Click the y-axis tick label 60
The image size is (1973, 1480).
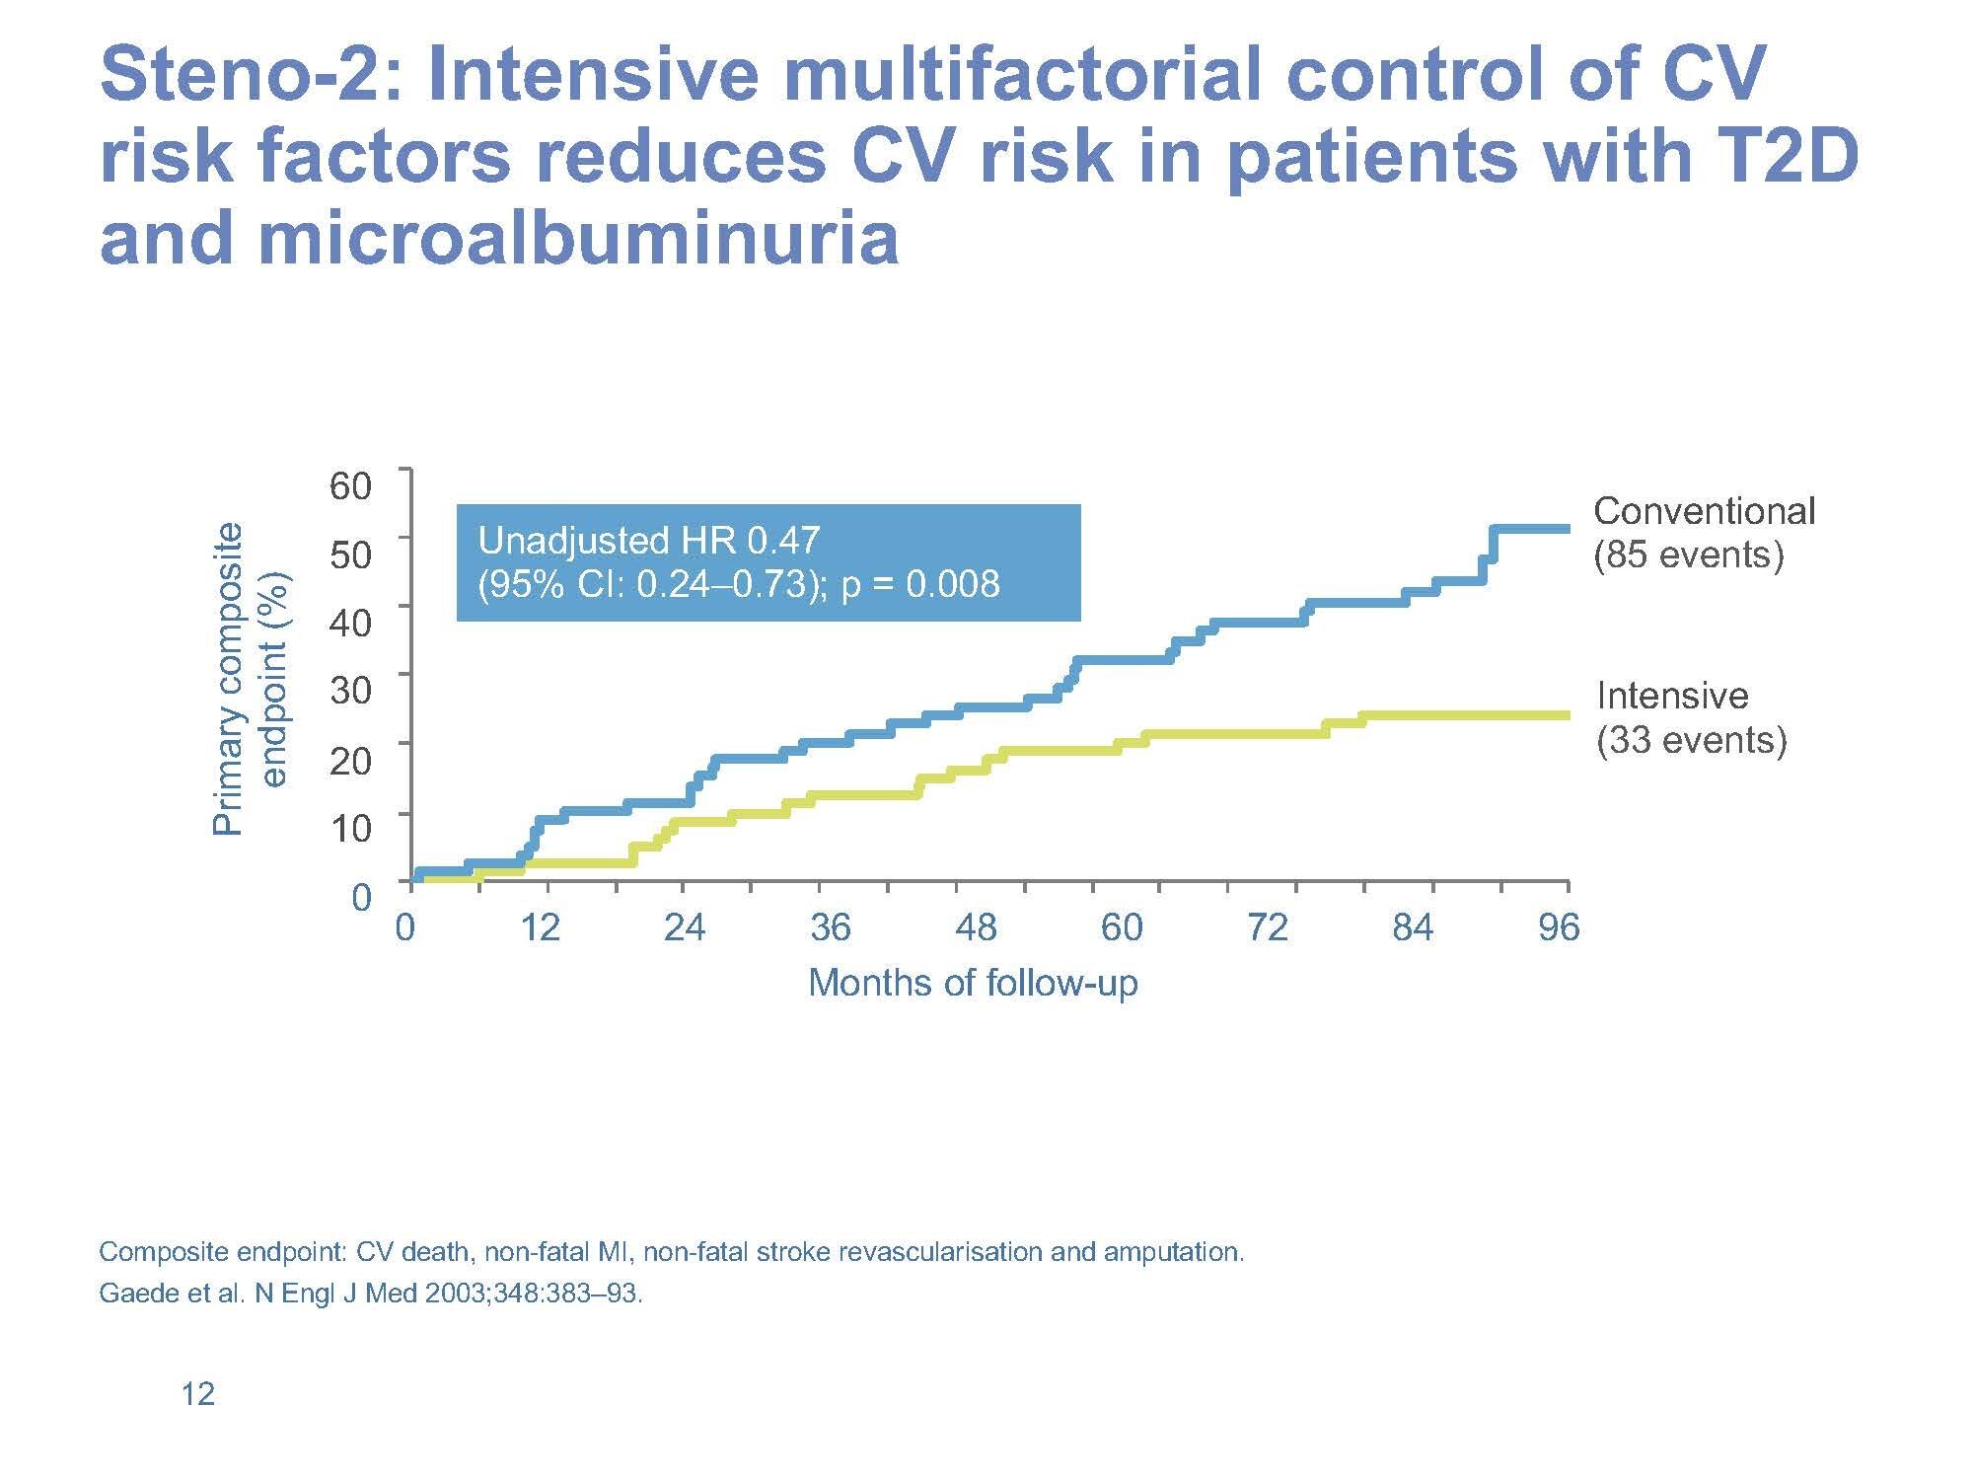[350, 485]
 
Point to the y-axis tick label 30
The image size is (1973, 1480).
[350, 691]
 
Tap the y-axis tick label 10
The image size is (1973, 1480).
[350, 828]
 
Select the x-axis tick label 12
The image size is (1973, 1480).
[540, 927]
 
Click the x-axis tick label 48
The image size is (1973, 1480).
[976, 927]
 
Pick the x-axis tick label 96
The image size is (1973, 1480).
[1559, 927]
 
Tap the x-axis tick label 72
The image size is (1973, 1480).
[1268, 927]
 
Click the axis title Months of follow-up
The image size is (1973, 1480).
[973, 984]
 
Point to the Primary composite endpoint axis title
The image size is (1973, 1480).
[250, 679]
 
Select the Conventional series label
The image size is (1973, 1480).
[1704, 511]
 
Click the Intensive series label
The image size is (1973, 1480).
[1672, 697]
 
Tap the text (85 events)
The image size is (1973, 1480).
[1689, 555]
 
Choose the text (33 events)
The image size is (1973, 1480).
[1692, 740]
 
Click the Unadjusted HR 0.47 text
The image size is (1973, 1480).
[648, 541]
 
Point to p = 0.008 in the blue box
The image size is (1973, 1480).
[920, 584]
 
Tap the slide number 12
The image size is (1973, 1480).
[198, 1394]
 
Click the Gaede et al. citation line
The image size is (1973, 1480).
[371, 1294]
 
